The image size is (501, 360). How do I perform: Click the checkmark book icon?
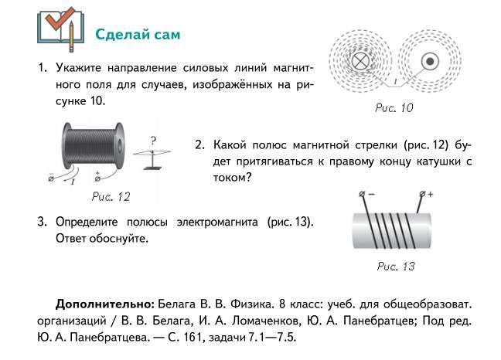[x=60, y=29]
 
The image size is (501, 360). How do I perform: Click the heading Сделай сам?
[x=138, y=36]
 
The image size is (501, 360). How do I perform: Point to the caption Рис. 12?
[x=111, y=197]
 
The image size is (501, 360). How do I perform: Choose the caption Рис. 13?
[x=396, y=267]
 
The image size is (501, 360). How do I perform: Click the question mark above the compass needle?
[x=154, y=141]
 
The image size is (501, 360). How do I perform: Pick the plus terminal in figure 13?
[x=424, y=195]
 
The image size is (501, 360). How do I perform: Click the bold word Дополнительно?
[x=105, y=304]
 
